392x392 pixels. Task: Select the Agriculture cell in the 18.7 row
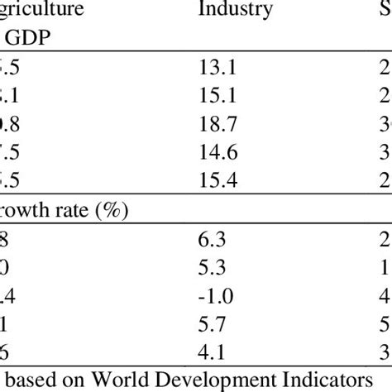click(x=12, y=127)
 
